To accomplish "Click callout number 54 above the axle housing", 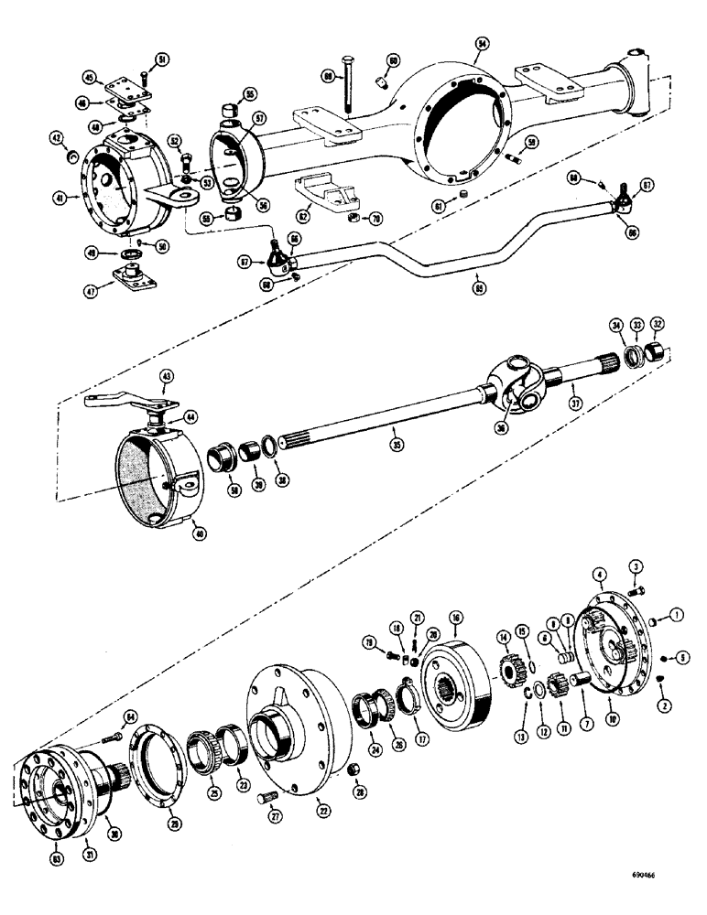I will tap(482, 42).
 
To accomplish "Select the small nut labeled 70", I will tap(353, 219).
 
